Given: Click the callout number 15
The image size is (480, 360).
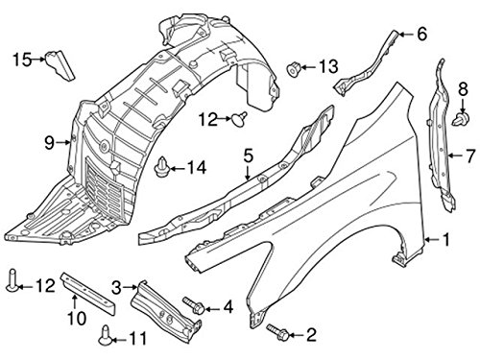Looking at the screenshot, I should (21, 60).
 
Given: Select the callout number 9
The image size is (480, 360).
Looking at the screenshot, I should (47, 143).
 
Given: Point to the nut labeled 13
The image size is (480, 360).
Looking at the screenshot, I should (295, 67).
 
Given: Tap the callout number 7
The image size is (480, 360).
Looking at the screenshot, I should (469, 154).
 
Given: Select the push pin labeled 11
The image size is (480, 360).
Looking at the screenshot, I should (106, 336).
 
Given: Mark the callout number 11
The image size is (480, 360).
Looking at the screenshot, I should (140, 337).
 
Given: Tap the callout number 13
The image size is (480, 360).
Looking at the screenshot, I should (328, 66).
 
